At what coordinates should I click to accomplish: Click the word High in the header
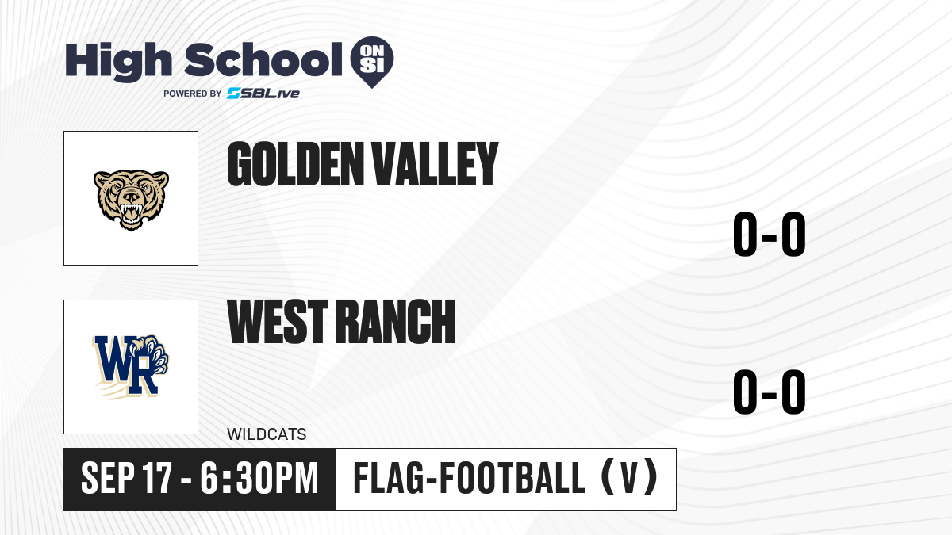118,61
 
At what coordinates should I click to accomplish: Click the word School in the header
263,59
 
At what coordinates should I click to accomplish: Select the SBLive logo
263,94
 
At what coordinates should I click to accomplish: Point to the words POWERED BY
193,94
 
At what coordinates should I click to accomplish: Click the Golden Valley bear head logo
132,201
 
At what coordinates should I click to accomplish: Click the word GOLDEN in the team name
295,164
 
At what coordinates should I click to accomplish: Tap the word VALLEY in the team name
435,164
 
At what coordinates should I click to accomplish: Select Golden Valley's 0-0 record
770,234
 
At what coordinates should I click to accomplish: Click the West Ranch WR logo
131,367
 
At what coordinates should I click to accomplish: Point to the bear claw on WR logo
153,354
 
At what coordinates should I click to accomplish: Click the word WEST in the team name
278,321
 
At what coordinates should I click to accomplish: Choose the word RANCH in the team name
396,321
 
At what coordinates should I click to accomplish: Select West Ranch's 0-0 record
770,392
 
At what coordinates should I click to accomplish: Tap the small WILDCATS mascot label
267,434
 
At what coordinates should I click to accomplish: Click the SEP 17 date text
127,479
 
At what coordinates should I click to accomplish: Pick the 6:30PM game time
259,479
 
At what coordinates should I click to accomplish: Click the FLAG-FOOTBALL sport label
470,478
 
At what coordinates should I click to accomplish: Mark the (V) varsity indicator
629,478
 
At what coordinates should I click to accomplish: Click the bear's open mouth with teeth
131,213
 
